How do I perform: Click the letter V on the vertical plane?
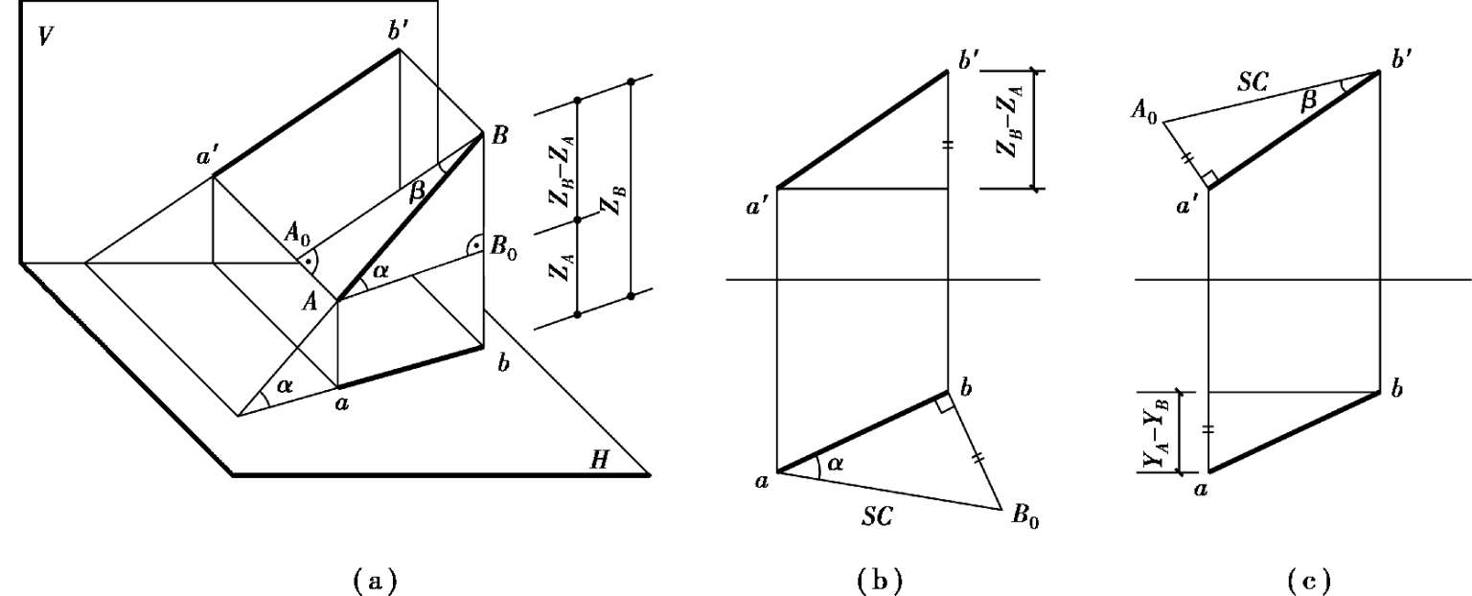[45, 37]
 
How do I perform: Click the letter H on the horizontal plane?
[600, 462]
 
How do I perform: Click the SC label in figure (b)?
[876, 516]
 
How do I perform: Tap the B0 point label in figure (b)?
[1024, 519]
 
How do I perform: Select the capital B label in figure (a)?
[499, 137]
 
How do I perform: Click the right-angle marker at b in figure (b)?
[944, 406]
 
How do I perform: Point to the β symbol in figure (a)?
[416, 192]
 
